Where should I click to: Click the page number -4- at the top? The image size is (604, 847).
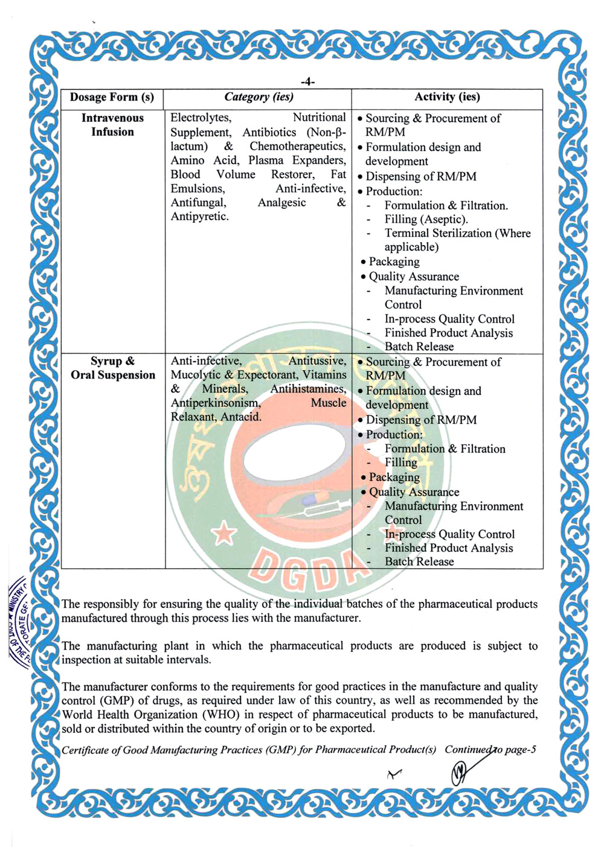click(307, 82)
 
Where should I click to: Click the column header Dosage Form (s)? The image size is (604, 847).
click(112, 97)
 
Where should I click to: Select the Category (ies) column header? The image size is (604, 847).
click(259, 97)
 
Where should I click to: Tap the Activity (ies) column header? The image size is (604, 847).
click(447, 97)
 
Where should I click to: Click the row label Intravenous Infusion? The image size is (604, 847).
click(112, 125)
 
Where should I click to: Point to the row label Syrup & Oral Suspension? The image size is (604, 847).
click(113, 368)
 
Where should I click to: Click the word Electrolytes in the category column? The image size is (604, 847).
click(201, 118)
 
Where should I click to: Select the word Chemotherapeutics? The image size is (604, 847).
click(298, 146)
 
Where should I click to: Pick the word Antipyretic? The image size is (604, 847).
click(199, 217)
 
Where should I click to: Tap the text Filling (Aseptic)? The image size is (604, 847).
click(426, 219)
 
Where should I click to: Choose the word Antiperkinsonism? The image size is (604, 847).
click(216, 403)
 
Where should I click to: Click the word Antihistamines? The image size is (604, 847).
click(308, 389)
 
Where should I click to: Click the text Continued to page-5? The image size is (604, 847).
click(490, 750)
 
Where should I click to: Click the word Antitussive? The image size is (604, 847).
click(317, 361)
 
